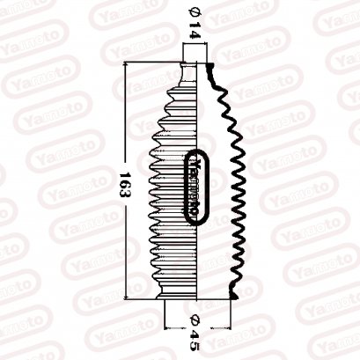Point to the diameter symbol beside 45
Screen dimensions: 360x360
click(x=195, y=318)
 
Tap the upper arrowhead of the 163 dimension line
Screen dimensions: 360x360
click(x=129, y=67)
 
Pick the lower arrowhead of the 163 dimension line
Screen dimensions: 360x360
click(x=129, y=296)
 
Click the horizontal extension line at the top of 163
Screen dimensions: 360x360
click(x=154, y=62)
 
